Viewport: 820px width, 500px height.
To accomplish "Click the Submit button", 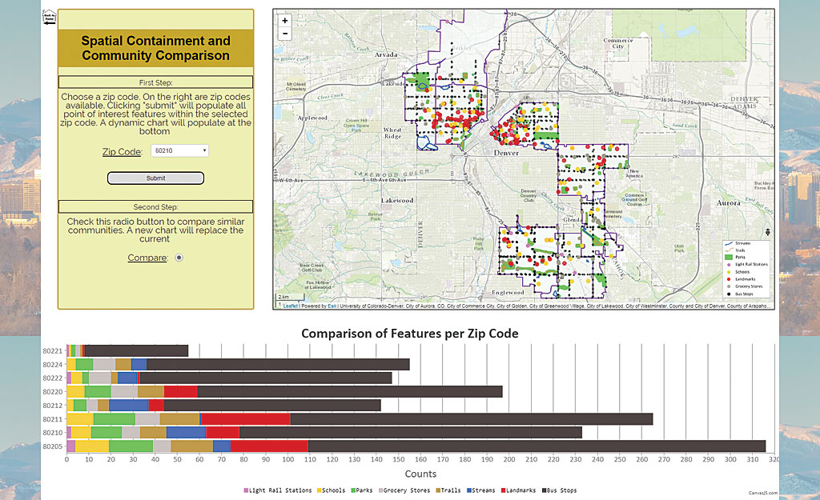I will pyautogui.click(x=156, y=178).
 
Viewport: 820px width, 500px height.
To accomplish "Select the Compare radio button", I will pyautogui.click(x=179, y=258).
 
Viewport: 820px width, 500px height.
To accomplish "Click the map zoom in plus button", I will pyautogui.click(x=285, y=21).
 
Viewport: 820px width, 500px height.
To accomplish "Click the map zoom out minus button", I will pyautogui.click(x=285, y=34).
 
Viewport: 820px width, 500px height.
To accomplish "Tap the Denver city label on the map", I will pyautogui.click(x=505, y=153).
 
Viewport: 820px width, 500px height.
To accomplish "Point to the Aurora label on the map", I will pyautogui.click(x=728, y=203).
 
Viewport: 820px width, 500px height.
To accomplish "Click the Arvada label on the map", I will pyautogui.click(x=385, y=54).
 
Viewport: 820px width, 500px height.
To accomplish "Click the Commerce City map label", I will pyautogui.click(x=617, y=43).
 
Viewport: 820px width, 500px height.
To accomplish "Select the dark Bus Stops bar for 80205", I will pyautogui.click(x=537, y=446).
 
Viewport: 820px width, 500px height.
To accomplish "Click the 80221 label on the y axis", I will pyautogui.click(x=53, y=350).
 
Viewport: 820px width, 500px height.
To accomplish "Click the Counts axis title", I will pyautogui.click(x=420, y=474).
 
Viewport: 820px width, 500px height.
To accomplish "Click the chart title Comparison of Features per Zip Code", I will pyautogui.click(x=409, y=333).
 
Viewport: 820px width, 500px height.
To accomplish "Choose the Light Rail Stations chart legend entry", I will pyautogui.click(x=278, y=490).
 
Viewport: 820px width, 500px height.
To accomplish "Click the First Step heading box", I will pyautogui.click(x=156, y=82).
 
